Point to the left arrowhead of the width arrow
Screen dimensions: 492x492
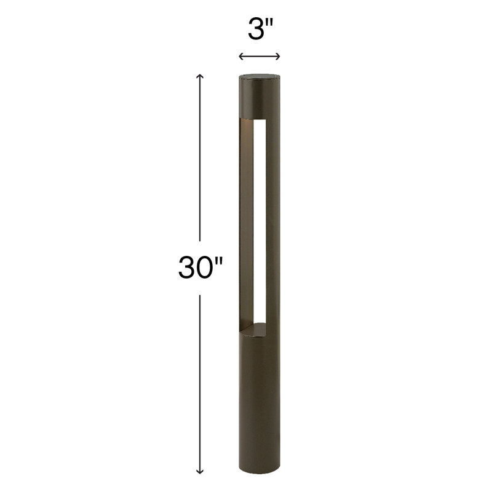pyautogui.click(x=240, y=57)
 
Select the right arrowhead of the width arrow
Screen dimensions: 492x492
pyautogui.click(x=279, y=57)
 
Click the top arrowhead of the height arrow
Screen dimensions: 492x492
pyautogui.click(x=199, y=76)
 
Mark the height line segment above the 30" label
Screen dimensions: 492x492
pyautogui.click(x=199, y=160)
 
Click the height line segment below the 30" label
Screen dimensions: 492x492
pyautogui.click(x=199, y=381)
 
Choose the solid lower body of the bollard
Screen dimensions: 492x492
pyautogui.click(x=259, y=406)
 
